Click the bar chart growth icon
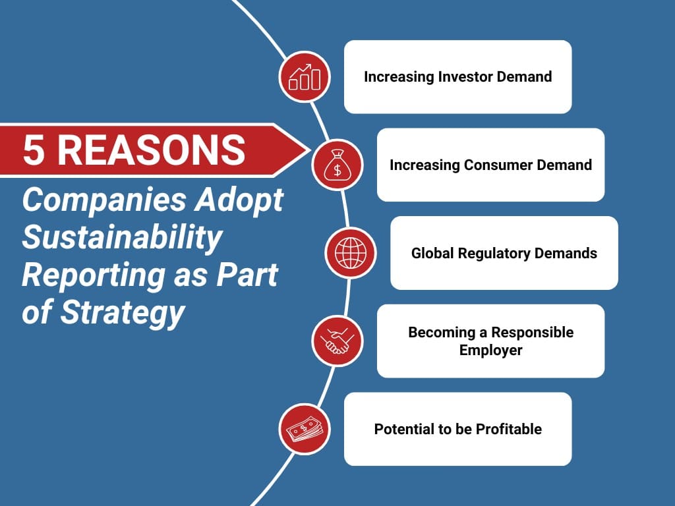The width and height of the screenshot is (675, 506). pyautogui.click(x=305, y=76)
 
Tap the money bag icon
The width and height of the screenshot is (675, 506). pyautogui.click(x=337, y=165)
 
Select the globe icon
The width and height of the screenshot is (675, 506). pyautogui.click(x=351, y=253)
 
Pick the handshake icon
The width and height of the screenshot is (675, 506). pyautogui.click(x=337, y=341)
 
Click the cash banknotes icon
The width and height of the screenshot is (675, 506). pyautogui.click(x=305, y=429)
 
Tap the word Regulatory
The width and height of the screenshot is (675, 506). pyautogui.click(x=494, y=254)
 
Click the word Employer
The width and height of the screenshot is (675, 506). pyautogui.click(x=490, y=351)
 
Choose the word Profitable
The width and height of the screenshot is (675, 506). pyautogui.click(x=509, y=429)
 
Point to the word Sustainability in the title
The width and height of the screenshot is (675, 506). pyautogui.click(x=122, y=237)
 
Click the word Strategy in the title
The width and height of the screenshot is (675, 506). pyautogui.click(x=122, y=312)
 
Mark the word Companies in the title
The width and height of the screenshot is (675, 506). pyautogui.click(x=105, y=200)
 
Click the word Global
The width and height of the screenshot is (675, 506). pyautogui.click(x=432, y=253)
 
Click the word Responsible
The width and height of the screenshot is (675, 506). pyautogui.click(x=532, y=332)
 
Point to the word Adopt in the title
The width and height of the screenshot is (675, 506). pyautogui.click(x=239, y=200)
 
